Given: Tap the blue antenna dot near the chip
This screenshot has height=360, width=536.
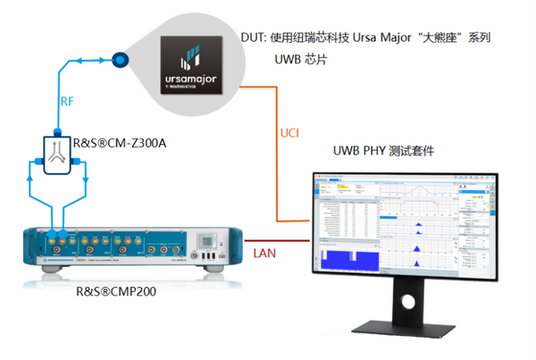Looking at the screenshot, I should pyautogui.click(x=118, y=60).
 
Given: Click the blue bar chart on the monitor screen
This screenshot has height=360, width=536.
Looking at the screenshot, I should pyautogui.click(x=344, y=259).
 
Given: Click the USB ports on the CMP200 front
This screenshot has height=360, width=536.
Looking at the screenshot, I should pyautogui.click(x=209, y=260).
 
